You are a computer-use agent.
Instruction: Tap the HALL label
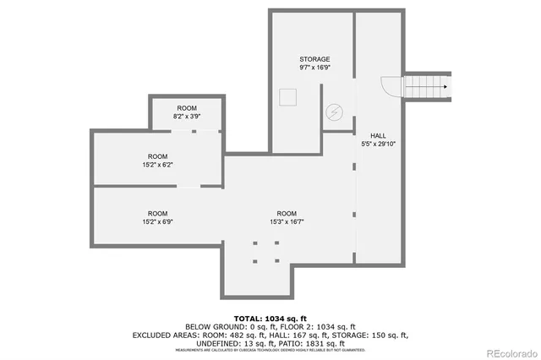[x=378, y=135]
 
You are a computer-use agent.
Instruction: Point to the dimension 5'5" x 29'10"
[x=378, y=144]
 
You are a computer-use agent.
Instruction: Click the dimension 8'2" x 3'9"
[x=186, y=117]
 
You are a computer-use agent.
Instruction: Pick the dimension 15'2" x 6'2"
[x=157, y=166]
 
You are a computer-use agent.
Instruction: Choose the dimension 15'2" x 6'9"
[x=157, y=221]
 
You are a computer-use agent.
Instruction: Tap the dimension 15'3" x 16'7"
[x=287, y=221]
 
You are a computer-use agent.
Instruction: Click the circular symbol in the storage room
[x=334, y=111]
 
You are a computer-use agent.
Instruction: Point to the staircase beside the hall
[x=426, y=85]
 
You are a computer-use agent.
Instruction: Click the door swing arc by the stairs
[x=391, y=85]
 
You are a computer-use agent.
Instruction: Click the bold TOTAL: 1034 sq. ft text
[x=270, y=317]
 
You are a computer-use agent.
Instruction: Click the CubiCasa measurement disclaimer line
[x=270, y=351]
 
